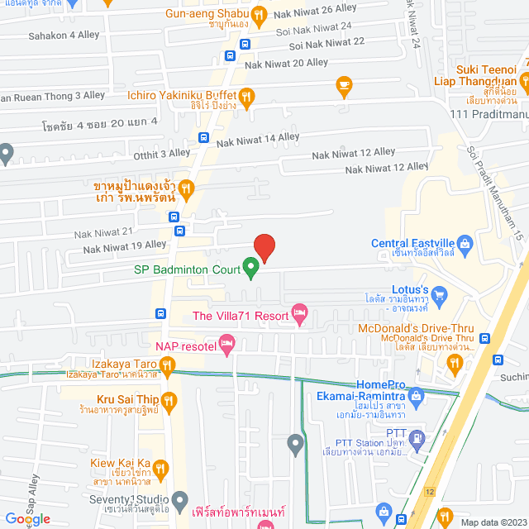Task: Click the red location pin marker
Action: coord(264,246)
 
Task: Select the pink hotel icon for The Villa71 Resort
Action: coord(299,314)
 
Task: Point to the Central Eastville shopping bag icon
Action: coord(465,243)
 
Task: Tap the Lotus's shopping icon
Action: coord(440,293)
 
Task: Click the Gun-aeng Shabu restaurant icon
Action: coord(259,13)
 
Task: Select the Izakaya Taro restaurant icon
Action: coord(168,364)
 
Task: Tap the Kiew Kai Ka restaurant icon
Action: coord(160,469)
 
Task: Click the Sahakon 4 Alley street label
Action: coord(64,35)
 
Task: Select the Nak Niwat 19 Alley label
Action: coord(124,245)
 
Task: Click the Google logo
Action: coord(27,518)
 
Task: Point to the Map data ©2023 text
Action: coord(492,522)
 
